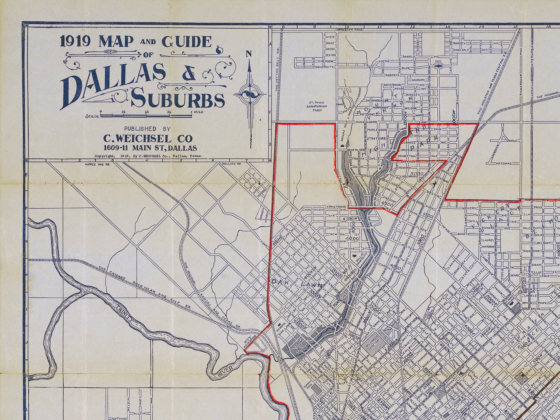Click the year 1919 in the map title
[75, 42]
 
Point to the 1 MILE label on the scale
[197, 112]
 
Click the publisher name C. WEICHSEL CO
[148, 138]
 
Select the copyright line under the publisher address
[148, 156]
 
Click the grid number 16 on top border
[548, 27]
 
